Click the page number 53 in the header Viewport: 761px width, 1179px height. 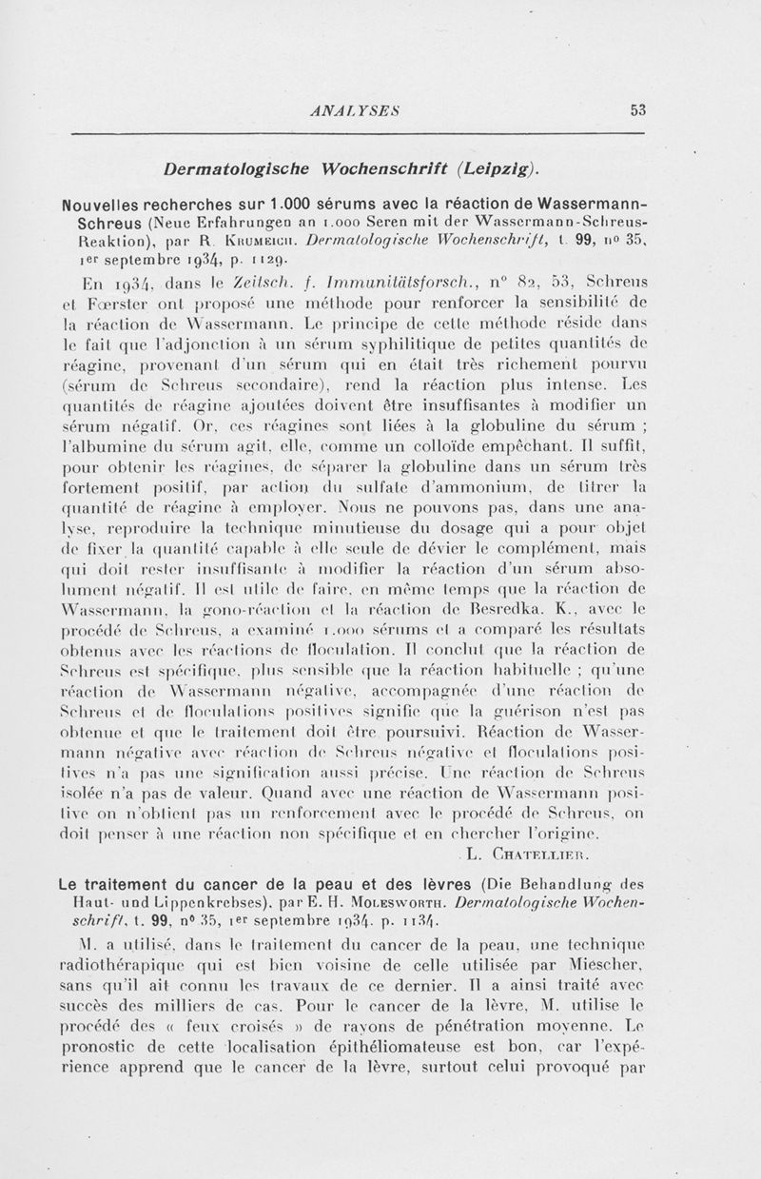637,110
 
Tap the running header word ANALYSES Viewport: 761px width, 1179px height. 359,110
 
